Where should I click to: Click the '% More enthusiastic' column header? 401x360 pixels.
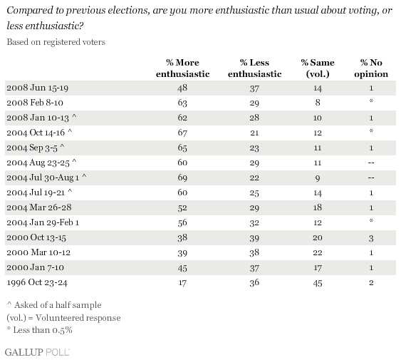coord(182,68)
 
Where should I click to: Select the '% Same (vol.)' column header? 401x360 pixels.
coord(318,68)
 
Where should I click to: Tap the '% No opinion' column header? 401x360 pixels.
coord(371,68)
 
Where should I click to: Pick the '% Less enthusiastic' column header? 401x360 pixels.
coord(254,68)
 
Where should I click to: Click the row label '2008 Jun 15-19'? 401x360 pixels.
coord(37,88)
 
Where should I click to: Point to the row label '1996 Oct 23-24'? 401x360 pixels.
coord(37,282)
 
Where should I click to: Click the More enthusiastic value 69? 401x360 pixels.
coord(182,178)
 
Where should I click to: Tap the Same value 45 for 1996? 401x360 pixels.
coord(318,283)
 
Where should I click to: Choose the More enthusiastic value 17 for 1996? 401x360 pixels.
coord(182,283)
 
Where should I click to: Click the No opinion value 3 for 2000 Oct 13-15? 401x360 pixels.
coord(371,238)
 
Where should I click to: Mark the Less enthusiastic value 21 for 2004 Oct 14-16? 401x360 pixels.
coord(254,133)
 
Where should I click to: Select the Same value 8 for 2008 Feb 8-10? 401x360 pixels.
coord(318,103)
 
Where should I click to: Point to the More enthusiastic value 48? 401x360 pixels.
coord(182,88)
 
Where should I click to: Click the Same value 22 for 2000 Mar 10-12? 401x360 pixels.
coord(318,253)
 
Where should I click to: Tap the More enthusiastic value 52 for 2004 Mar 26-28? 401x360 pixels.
coord(182,207)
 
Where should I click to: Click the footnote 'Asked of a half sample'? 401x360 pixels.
coord(54,305)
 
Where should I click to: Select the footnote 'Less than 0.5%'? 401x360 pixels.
coord(39,330)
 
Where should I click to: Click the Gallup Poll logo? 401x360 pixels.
coord(37,352)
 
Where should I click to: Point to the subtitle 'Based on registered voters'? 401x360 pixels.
coord(56,42)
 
